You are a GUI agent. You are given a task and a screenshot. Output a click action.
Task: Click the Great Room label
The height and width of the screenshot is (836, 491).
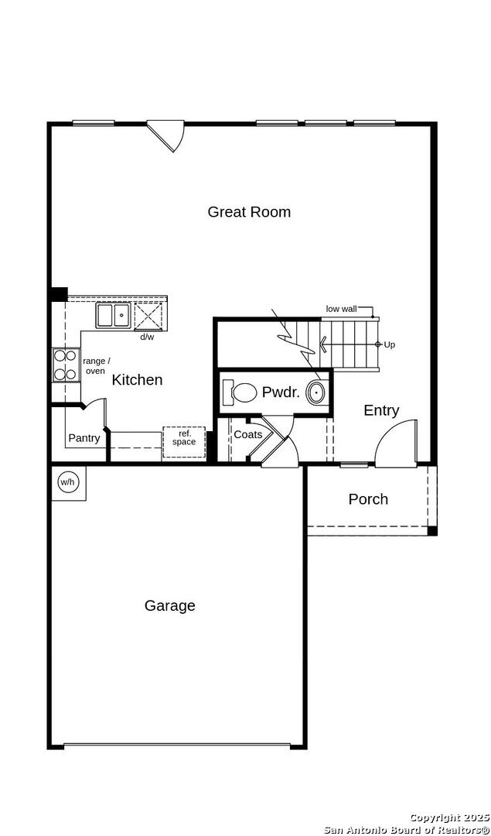click(x=249, y=211)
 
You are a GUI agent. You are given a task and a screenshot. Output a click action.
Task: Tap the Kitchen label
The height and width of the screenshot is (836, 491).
click(x=137, y=379)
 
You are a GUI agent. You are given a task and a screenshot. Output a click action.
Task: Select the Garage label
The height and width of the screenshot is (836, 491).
click(x=170, y=605)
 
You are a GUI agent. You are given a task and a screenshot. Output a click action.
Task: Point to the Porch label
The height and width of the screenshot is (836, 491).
click(x=368, y=499)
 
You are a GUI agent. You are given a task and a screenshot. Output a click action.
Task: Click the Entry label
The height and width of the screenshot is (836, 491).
click(x=381, y=410)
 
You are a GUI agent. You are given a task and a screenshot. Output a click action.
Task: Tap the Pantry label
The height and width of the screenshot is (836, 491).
click(x=84, y=438)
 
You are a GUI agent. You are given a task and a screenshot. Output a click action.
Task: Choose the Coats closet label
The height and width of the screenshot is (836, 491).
click(x=248, y=434)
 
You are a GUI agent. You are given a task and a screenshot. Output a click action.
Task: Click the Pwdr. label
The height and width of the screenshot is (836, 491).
click(x=281, y=393)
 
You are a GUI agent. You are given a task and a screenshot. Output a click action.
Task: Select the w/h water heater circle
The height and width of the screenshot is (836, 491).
click(x=67, y=482)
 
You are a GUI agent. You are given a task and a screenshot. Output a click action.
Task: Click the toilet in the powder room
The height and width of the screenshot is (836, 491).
click(x=239, y=393)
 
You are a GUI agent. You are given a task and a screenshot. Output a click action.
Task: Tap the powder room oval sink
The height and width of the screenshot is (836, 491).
click(x=317, y=393)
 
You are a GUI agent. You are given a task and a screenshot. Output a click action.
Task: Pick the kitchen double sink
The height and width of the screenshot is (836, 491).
click(x=114, y=315)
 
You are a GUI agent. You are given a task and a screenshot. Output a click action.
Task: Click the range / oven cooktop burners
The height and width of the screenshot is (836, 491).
click(x=66, y=365)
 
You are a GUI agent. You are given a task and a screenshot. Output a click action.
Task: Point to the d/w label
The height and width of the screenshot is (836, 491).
click(x=146, y=337)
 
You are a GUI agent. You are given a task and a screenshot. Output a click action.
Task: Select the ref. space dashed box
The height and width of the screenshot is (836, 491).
click(x=184, y=442)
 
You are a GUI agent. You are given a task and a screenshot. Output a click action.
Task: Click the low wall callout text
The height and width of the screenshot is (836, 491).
click(x=341, y=309)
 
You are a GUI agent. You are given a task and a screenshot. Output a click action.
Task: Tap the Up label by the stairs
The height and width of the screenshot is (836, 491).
click(x=389, y=345)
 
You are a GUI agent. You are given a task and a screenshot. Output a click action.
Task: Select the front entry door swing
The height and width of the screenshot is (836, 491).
click(x=396, y=443)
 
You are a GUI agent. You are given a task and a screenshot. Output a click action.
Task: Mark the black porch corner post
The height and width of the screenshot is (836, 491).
click(x=432, y=531)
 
